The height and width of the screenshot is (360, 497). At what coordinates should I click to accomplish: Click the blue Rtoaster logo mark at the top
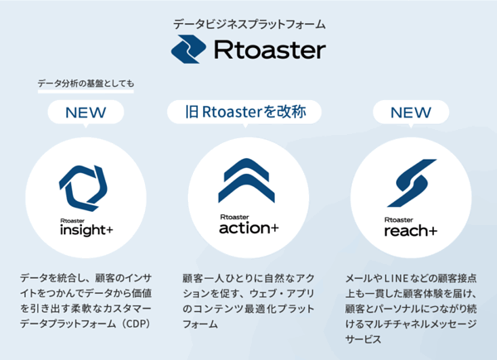point(188,49)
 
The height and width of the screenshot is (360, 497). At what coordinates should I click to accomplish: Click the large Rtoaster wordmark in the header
point(270,50)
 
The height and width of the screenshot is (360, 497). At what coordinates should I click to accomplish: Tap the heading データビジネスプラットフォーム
point(249,24)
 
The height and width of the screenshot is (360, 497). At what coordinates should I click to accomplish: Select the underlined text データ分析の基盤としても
point(86,84)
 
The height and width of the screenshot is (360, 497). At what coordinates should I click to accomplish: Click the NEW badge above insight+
point(85,113)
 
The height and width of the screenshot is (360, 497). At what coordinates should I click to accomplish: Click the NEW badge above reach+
point(411,113)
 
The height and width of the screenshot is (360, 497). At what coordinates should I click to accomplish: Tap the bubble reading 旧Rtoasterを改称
point(244,112)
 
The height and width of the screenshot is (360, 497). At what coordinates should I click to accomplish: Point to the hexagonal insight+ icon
point(83,188)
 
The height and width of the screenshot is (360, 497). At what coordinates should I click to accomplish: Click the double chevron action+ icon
point(247,180)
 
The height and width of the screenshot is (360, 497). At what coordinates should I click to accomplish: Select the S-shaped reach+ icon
point(412,183)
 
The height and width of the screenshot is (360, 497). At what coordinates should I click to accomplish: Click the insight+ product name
point(86,230)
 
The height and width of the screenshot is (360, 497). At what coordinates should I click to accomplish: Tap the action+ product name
point(248,228)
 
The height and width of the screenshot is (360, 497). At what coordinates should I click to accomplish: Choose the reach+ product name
point(411,231)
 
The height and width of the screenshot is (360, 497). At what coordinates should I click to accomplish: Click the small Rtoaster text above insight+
point(72,221)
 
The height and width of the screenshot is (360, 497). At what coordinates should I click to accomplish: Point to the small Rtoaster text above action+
point(234,217)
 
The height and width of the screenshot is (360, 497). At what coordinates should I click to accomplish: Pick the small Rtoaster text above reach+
point(398,220)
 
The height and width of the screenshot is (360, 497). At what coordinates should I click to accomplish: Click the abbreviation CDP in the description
point(137,324)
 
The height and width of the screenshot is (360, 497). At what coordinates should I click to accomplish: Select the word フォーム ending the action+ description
point(200,324)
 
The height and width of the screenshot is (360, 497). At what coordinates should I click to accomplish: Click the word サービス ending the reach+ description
point(364,339)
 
